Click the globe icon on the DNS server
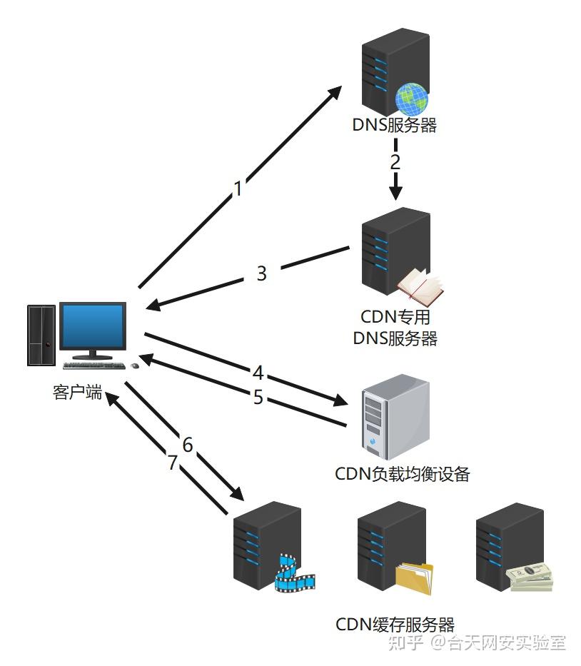tap(412, 99)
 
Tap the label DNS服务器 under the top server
tap(395, 126)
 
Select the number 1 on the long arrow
tap(238, 188)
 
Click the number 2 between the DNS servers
tap(395, 161)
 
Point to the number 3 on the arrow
tap(261, 273)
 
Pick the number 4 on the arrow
tap(258, 373)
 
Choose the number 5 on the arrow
tap(258, 397)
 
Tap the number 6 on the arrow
tap(188, 445)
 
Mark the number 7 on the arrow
tap(172, 463)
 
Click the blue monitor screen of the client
tap(92, 327)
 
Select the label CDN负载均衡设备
tap(402, 474)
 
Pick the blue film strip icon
tap(293, 575)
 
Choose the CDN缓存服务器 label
tap(395, 625)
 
